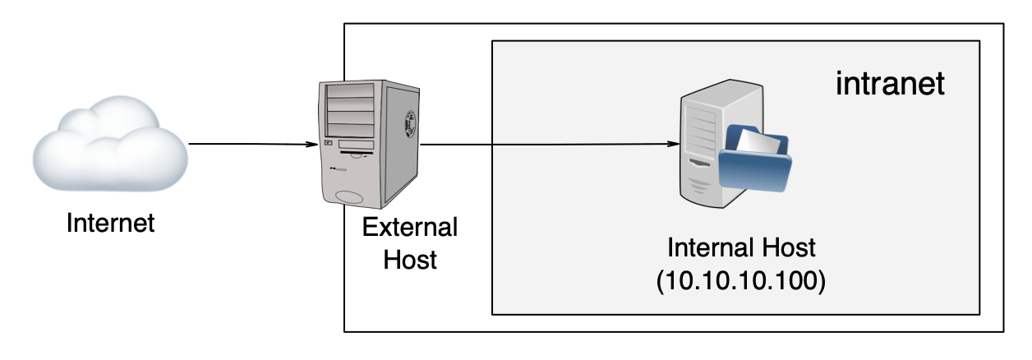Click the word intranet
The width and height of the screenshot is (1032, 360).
click(889, 84)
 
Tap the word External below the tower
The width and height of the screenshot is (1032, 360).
click(410, 228)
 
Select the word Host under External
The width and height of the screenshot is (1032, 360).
click(410, 260)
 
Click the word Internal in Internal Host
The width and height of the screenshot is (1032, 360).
click(708, 247)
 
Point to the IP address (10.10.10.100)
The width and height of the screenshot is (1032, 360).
click(740, 279)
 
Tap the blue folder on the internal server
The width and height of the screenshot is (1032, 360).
click(756, 171)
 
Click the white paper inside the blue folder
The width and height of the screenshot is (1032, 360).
click(758, 141)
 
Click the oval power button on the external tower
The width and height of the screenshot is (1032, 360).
click(350, 196)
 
